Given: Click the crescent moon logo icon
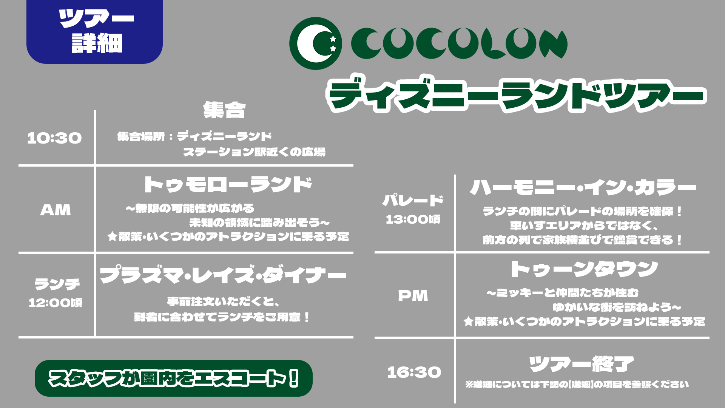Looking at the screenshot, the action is point(315,43).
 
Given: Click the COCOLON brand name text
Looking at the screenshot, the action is point(459,43).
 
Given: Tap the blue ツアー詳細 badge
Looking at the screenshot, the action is point(94,32).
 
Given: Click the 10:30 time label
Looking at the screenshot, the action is point(54,138).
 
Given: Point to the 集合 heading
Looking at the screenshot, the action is point(224,110).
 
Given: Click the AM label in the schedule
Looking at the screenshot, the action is point(56,210).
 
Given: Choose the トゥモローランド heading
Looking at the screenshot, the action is point(228,185).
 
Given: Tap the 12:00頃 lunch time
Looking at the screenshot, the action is point(56,303).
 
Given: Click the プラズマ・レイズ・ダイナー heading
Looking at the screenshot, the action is point(223,275).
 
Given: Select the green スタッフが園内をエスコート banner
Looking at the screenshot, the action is point(174,378).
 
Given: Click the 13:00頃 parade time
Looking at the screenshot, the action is point(413,219).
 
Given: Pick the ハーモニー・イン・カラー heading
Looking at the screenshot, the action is point(583,187).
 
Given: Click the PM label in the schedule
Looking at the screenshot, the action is point(413,296).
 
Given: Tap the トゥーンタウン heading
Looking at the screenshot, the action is point(584,269).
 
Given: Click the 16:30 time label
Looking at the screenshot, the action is point(414,372).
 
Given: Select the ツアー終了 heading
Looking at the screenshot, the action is point(582,364).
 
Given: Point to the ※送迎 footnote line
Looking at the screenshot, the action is point(577,385).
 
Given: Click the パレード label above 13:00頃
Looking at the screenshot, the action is point(413,200).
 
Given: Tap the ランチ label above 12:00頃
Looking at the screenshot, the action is point(57,284).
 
